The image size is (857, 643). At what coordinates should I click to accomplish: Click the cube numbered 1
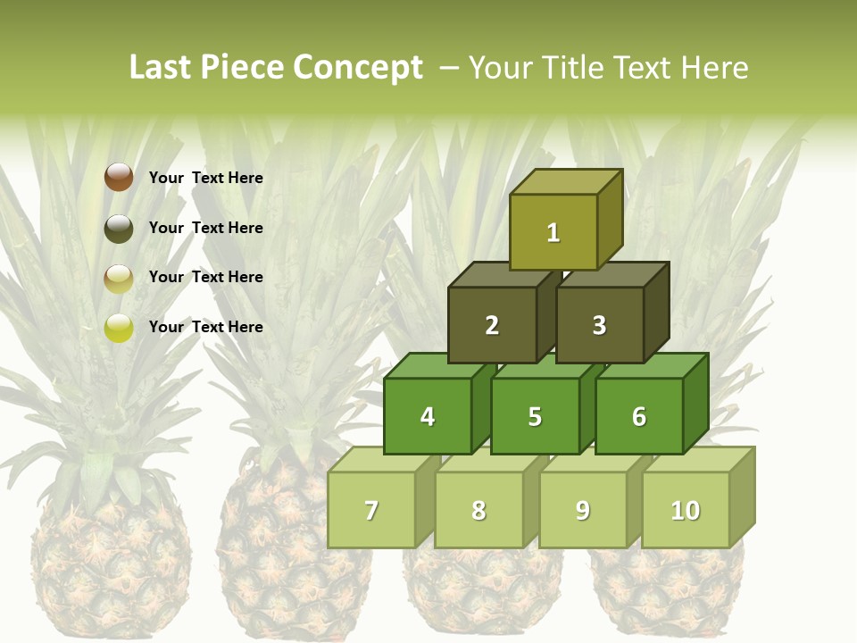click(553, 232)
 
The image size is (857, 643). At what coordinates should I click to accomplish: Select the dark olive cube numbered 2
click(492, 325)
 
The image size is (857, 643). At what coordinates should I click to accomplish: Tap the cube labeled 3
click(599, 325)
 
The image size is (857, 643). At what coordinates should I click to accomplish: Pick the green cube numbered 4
click(428, 416)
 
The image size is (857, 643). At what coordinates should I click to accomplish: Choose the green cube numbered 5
click(535, 416)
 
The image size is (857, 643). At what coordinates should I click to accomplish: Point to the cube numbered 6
click(639, 416)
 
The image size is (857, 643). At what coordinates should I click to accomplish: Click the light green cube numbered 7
click(371, 510)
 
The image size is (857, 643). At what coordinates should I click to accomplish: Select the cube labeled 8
click(478, 510)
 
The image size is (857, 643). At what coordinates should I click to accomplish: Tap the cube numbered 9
click(583, 510)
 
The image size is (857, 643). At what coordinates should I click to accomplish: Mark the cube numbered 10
click(686, 510)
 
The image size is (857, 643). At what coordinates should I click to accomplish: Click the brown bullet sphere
click(118, 178)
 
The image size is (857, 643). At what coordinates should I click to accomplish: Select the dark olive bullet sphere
click(118, 228)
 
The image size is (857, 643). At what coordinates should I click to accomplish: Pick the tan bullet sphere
click(118, 278)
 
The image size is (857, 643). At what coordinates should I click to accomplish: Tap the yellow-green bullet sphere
click(118, 328)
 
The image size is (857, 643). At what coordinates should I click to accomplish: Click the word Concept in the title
click(357, 68)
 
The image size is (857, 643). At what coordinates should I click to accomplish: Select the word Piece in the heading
click(245, 68)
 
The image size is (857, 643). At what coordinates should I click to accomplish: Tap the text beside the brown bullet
click(205, 178)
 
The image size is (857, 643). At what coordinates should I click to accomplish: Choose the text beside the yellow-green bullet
click(205, 327)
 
